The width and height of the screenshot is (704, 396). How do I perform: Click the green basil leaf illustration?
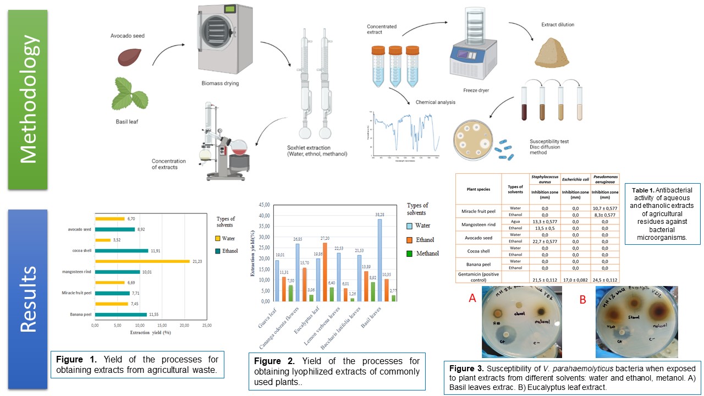(x=129, y=94)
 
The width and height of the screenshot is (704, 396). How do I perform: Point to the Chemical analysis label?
(x=435, y=102)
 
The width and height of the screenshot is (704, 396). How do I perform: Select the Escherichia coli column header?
(x=575, y=180)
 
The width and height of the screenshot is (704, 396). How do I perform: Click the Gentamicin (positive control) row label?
(x=479, y=277)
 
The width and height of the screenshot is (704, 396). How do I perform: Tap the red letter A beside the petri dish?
(x=472, y=298)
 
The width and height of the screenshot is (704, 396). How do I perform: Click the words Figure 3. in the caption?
(x=466, y=368)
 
